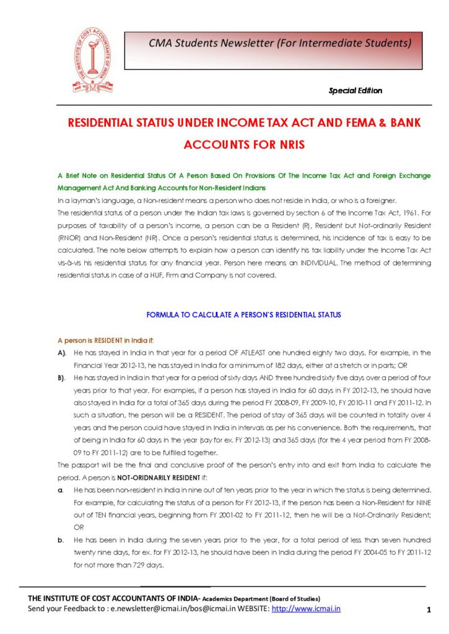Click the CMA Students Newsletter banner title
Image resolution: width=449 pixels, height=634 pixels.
tap(280, 43)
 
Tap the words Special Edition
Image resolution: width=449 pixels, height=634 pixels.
tap(355, 90)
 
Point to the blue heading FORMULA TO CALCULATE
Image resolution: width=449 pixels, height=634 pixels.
tap(243, 315)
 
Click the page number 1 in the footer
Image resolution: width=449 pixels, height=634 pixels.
tap(428, 610)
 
